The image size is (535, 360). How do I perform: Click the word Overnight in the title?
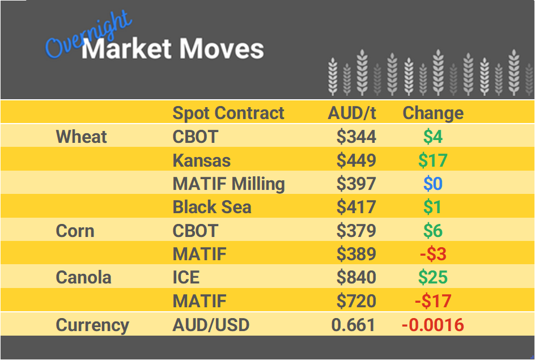pos(88,36)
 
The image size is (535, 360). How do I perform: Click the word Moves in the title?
pos(222,49)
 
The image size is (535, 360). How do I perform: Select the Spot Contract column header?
pos(228,113)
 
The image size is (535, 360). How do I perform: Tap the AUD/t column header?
pos(352,113)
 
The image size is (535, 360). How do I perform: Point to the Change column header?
pos(433,113)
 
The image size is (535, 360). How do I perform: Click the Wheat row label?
pos(82,137)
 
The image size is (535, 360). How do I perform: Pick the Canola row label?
pos(83,277)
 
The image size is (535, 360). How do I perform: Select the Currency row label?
pos(92,325)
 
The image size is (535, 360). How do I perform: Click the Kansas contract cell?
pos(202,160)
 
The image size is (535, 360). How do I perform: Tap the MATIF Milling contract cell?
pos(229,184)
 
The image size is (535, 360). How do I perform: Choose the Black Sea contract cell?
pos(212,207)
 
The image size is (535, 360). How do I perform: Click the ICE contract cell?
pos(186,277)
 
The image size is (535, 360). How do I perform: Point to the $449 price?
pos(356,160)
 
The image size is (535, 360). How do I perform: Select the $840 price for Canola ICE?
pos(356,277)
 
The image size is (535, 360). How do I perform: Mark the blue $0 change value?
pos(432,184)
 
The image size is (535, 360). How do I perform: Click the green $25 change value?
pos(432,277)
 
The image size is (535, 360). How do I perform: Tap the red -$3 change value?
pos(433,254)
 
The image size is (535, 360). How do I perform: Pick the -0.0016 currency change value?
pos(432,325)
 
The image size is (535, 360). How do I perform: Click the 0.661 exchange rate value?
pos(354,325)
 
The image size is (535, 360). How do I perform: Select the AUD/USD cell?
pos(211,325)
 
